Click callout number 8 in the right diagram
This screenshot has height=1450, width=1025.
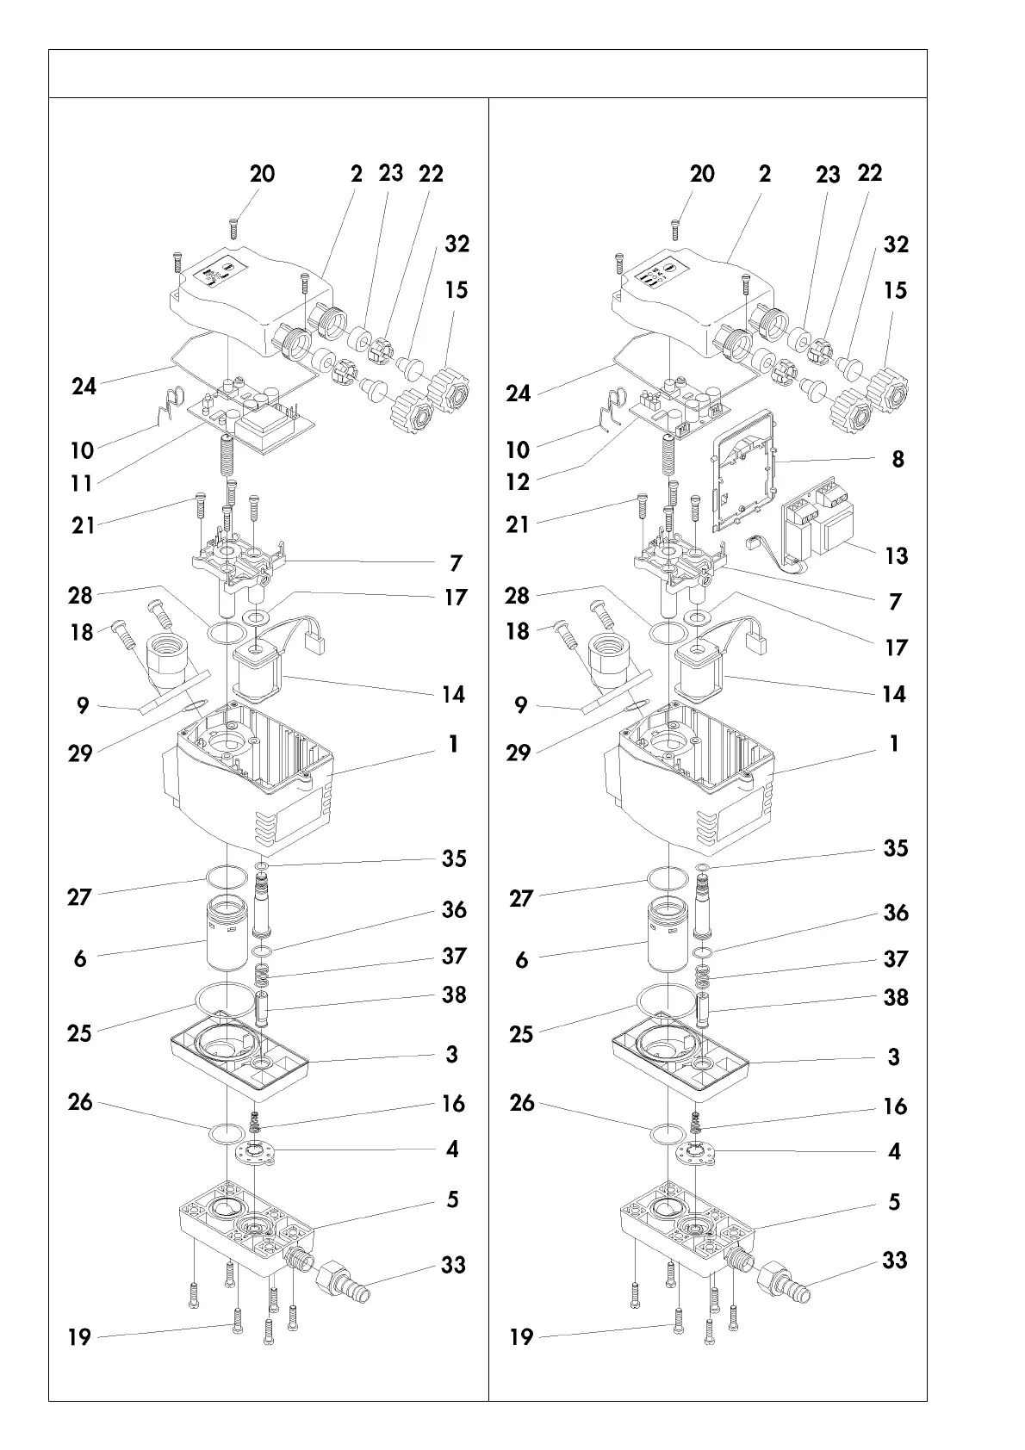(898, 459)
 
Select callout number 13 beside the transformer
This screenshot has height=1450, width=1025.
(897, 555)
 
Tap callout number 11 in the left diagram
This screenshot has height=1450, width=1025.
(81, 483)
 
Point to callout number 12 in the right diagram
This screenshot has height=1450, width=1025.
(518, 481)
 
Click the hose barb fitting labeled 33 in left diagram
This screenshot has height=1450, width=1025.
(344, 1282)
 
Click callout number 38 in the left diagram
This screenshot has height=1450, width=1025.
(454, 995)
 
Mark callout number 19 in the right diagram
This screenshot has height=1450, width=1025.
(522, 1337)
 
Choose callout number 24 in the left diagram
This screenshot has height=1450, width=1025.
(84, 386)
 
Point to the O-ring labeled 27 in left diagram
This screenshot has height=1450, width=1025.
(223, 877)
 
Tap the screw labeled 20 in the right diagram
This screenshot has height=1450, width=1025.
(675, 230)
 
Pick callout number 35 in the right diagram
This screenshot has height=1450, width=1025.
(896, 848)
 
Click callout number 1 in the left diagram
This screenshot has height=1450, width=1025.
(453, 743)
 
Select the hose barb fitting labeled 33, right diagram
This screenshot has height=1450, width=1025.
(784, 1283)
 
